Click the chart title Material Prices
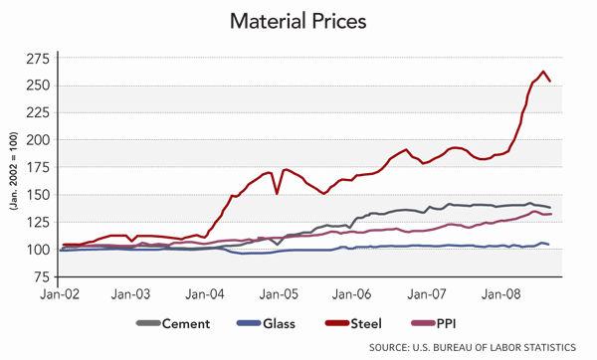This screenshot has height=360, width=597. click(x=298, y=20)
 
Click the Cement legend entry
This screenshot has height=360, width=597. click(x=171, y=323)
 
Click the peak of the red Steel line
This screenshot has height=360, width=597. click(x=543, y=72)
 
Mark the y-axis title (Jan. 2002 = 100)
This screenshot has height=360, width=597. click(x=14, y=167)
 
